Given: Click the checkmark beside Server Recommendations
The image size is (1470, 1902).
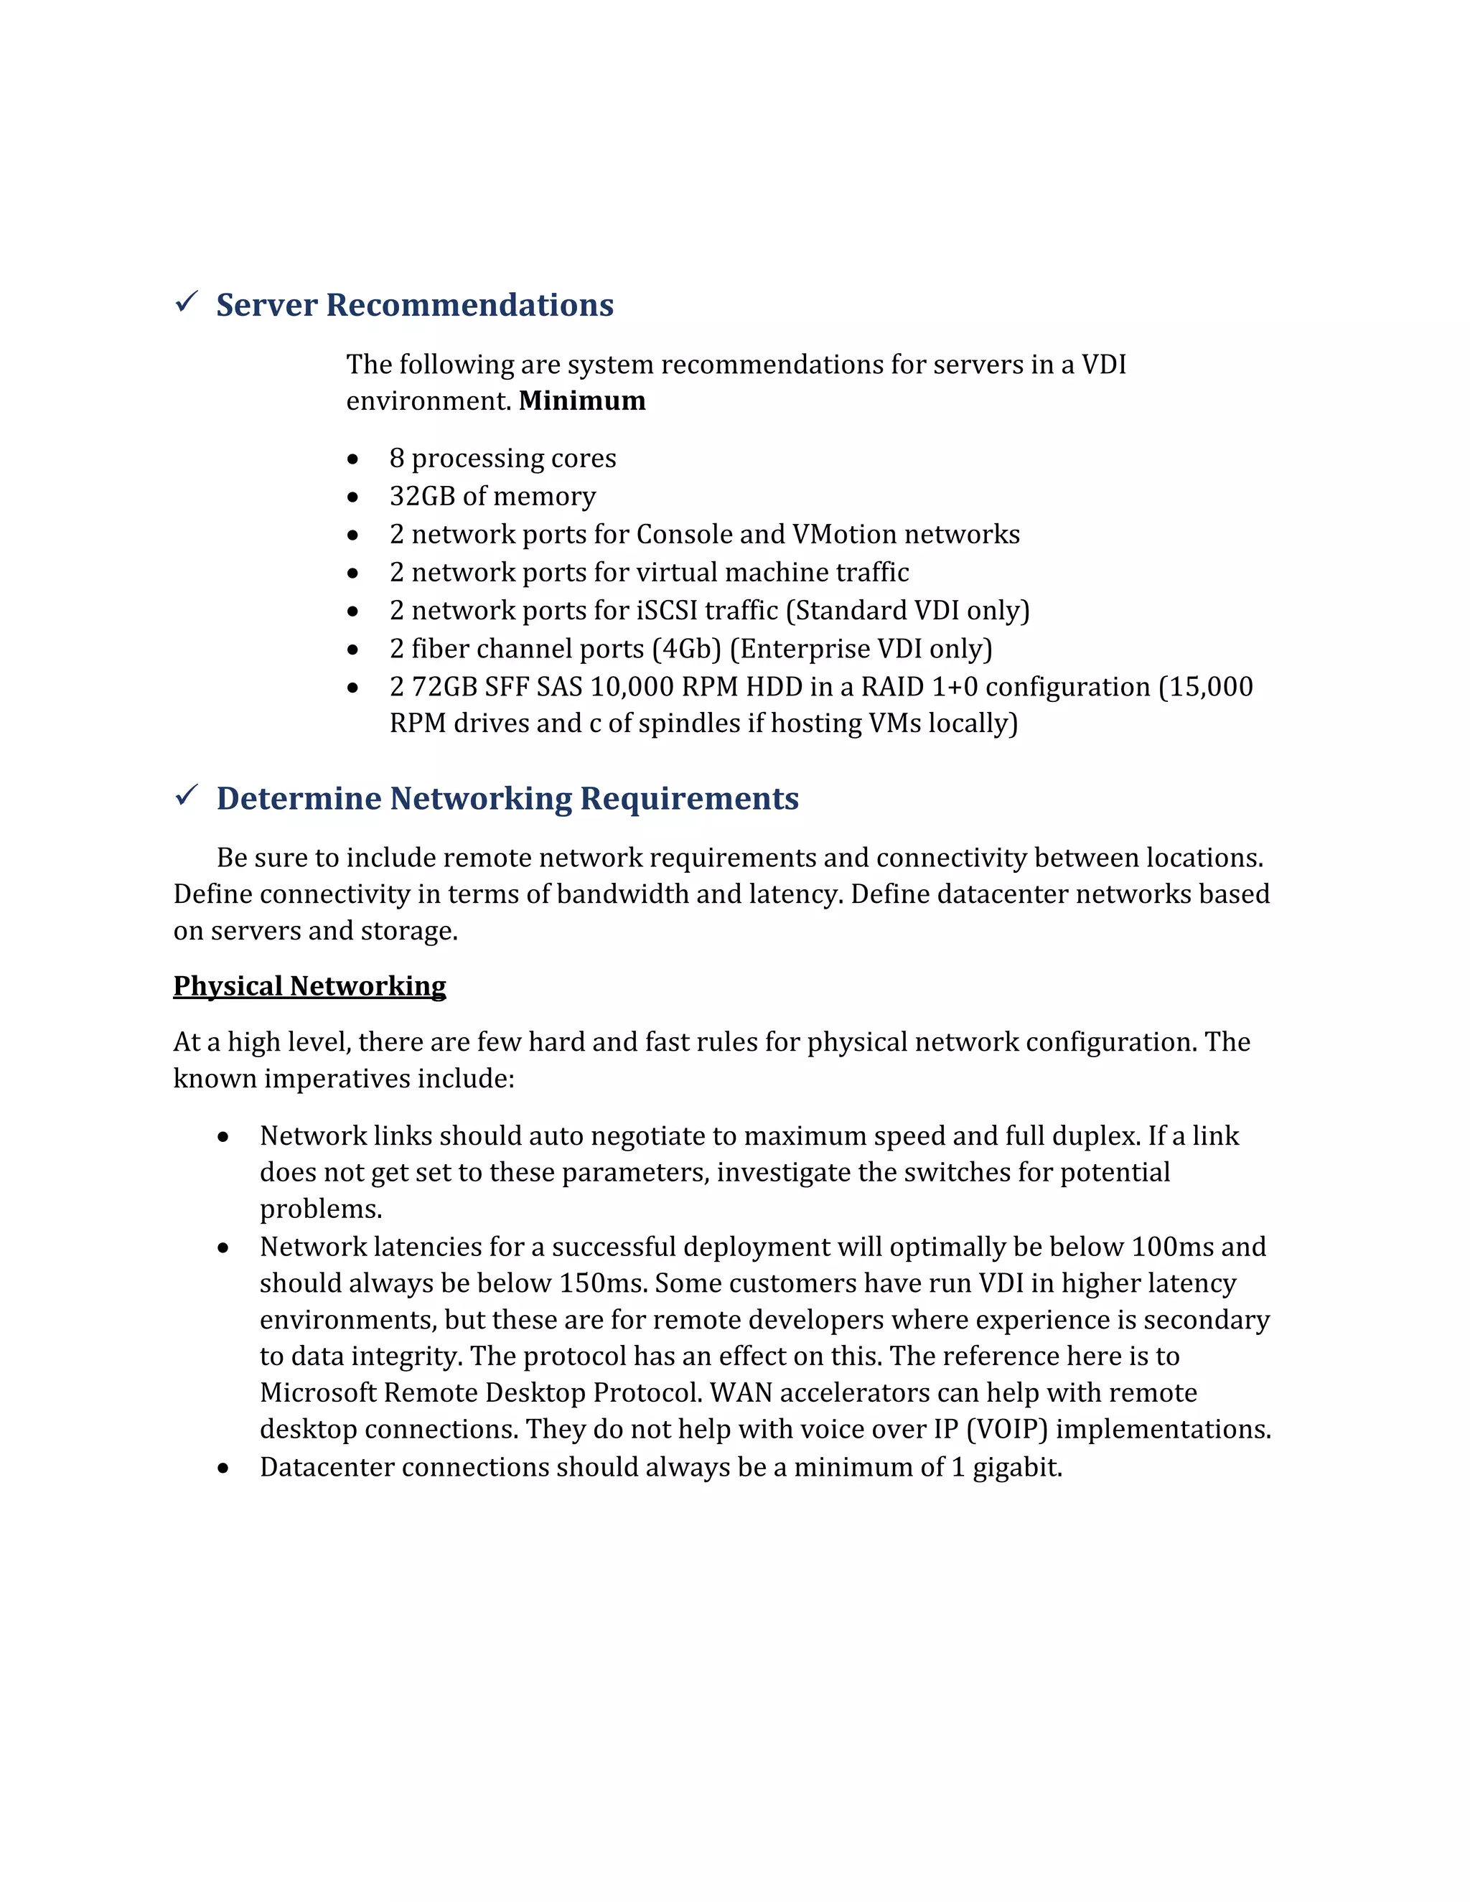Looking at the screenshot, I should [x=187, y=302].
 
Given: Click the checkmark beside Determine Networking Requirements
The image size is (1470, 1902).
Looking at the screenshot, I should [x=187, y=795].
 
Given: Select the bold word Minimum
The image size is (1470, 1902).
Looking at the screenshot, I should [x=581, y=400].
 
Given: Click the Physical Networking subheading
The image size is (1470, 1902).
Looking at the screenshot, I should [x=309, y=986].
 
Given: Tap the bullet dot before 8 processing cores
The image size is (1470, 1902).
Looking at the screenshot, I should [x=352, y=459].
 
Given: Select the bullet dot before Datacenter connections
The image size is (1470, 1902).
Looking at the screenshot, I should [x=224, y=1468].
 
